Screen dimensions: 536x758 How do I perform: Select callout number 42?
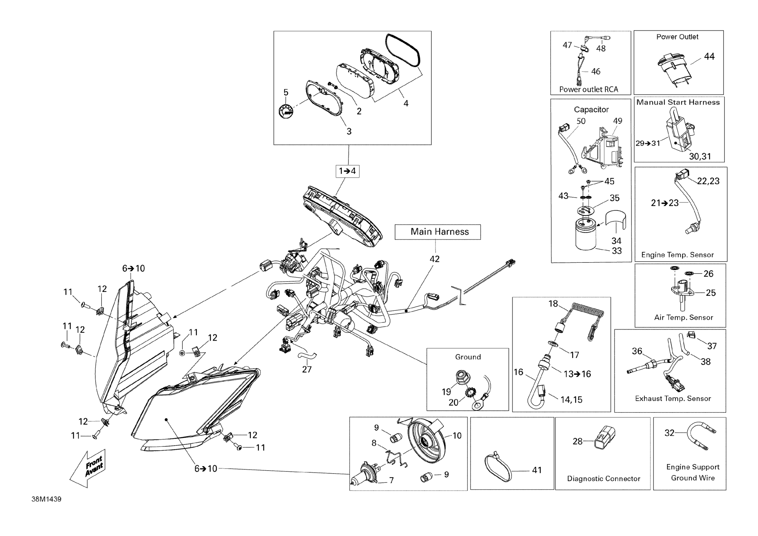pos(435,259)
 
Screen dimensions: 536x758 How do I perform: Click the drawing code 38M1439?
pos(46,499)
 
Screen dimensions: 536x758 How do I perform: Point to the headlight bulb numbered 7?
pos(365,472)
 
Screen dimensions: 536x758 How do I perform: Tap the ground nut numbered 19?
pos(461,376)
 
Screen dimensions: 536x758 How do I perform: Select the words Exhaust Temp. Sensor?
pos(673,398)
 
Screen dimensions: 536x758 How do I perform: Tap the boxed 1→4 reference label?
pos(347,171)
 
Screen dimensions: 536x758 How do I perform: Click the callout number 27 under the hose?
pos(307,369)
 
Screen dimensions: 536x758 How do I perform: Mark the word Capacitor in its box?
pos(591,110)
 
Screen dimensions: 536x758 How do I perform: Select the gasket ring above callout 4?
pos(403,50)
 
